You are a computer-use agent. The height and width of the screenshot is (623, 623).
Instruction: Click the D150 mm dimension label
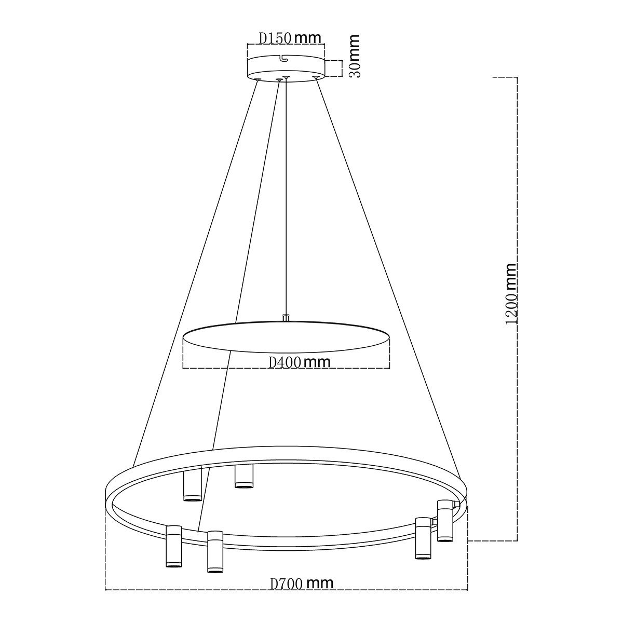(x=290, y=37)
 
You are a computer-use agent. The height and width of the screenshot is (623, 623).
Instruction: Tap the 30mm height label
(x=355, y=56)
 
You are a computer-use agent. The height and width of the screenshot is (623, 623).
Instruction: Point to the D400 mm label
(x=300, y=362)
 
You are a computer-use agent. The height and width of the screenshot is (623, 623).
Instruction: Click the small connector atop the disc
(x=285, y=317)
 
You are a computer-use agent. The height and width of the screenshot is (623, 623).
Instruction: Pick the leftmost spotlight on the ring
(x=173, y=546)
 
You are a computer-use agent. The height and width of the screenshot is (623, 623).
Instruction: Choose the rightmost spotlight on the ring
(x=444, y=520)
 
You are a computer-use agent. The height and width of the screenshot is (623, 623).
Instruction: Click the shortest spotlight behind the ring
(x=243, y=476)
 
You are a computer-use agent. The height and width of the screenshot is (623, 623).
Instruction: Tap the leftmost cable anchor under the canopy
(x=258, y=79)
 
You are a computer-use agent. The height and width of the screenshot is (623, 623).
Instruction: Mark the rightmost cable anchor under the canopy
(x=315, y=78)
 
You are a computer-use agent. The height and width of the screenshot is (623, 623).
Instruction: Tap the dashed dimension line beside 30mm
(x=341, y=69)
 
